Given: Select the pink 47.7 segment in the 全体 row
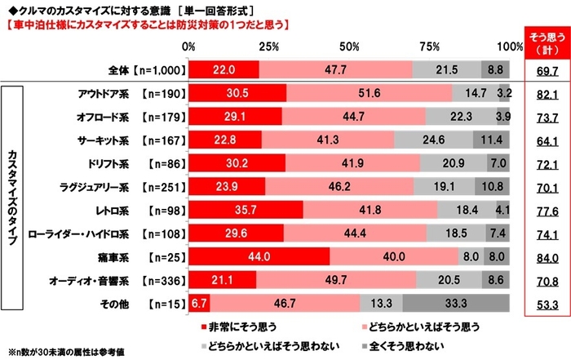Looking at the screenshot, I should (335, 69).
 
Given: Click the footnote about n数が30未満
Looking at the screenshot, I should (65, 352).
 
